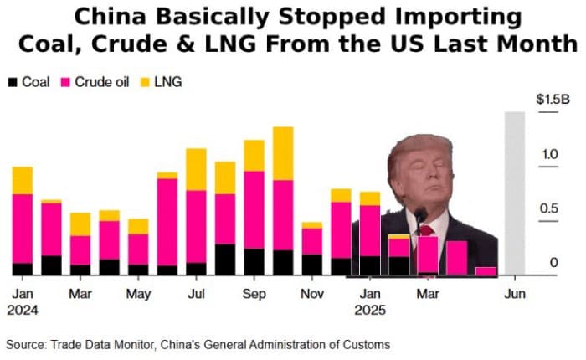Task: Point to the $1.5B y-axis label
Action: (553, 99)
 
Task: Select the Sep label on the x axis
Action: (254, 295)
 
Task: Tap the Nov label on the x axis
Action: (312, 295)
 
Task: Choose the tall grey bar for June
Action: (514, 193)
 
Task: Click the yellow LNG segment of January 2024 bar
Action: (23, 180)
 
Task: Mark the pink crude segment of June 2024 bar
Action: (167, 222)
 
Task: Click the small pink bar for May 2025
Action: (486, 270)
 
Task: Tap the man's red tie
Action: (426, 231)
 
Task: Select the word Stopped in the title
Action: (329, 17)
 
